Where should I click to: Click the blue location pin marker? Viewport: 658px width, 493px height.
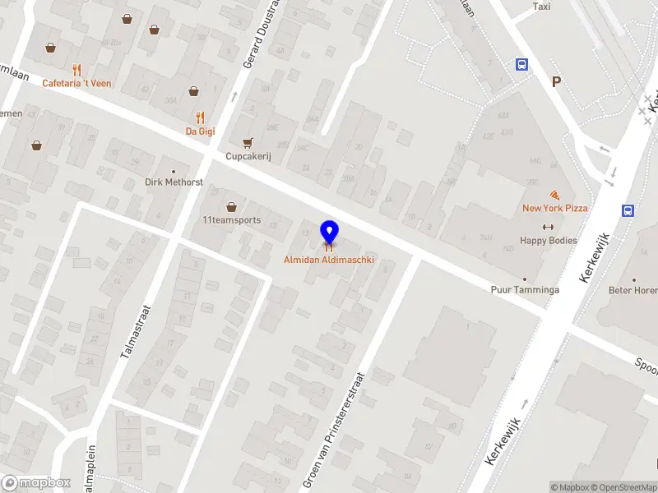pos(330,233)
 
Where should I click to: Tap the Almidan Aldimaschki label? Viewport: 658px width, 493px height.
pos(329,260)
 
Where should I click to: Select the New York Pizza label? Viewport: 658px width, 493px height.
pos(555,208)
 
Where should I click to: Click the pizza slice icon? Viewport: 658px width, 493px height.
pos(555,195)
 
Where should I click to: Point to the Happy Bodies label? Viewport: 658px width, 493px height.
pos(549,241)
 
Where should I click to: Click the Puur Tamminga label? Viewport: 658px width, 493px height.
pos(525,290)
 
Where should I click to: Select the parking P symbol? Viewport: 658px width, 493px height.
pos(557,82)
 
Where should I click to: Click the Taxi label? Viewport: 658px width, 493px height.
pos(541,7)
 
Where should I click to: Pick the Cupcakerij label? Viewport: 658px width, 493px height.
pos(248,156)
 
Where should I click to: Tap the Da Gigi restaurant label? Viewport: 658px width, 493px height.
pos(200,131)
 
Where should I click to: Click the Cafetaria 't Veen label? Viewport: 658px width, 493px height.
pos(77,83)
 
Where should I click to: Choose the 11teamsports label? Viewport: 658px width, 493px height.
pos(231,219)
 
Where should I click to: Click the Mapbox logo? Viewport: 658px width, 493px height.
pos(35,483)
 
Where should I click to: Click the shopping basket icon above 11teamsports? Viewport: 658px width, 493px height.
pos(231,206)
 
